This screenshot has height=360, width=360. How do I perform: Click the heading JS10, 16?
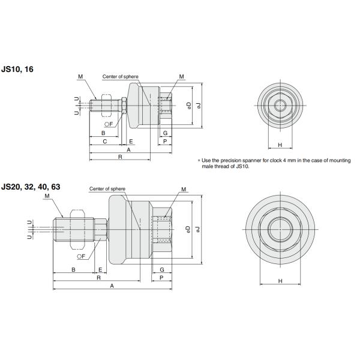coord(17,70)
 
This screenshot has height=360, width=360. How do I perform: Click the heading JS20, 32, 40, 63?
coord(31,187)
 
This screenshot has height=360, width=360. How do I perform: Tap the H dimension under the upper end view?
coord(280,145)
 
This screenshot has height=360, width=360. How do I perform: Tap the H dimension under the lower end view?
coord(280,280)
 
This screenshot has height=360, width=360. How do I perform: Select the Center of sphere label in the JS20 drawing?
coord(107,188)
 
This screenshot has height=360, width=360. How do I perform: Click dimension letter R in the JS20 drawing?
coord(98,278)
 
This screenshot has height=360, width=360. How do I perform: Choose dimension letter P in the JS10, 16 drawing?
coord(165,141)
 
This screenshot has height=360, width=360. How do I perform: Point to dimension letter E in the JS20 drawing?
coord(100,270)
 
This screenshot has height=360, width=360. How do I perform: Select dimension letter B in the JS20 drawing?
coord(73,270)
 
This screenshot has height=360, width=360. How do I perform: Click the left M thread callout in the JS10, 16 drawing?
coord(80,77)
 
